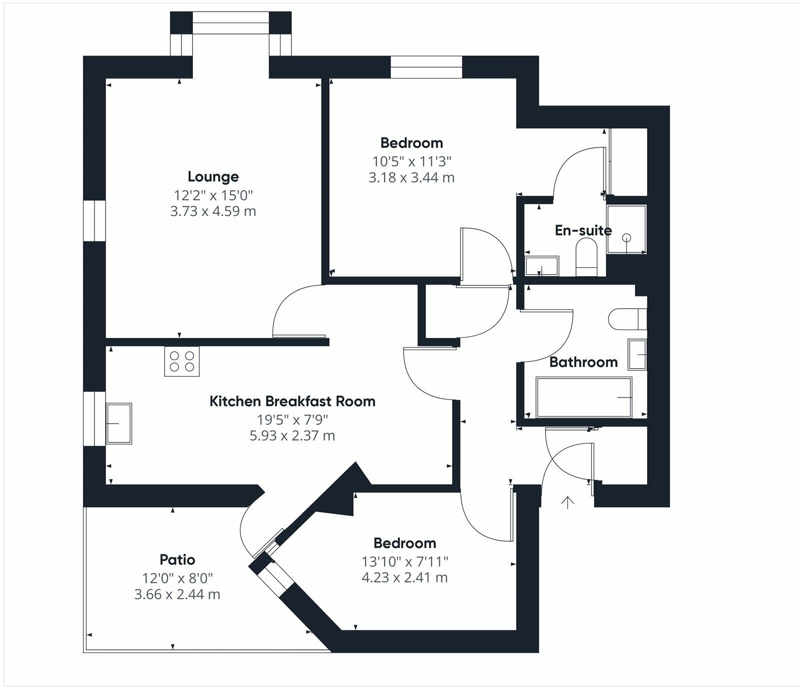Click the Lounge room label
[x=213, y=176]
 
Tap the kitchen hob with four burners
[x=182, y=361]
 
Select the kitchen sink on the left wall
[x=119, y=423]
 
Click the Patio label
[x=177, y=559]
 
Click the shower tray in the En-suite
[x=626, y=229]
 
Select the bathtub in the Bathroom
[x=583, y=397]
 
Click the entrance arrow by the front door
[x=567, y=502]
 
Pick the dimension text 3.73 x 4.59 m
[x=213, y=211]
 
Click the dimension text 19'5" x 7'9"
[x=292, y=419]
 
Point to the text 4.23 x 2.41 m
[x=404, y=577]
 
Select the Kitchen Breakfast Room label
[x=292, y=401]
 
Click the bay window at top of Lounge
[x=231, y=23]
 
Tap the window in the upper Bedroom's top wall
[x=426, y=67]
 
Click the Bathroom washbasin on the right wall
[x=637, y=354]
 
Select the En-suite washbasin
[x=541, y=266]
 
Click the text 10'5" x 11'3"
[x=411, y=161]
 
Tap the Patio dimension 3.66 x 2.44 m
[x=177, y=594]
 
